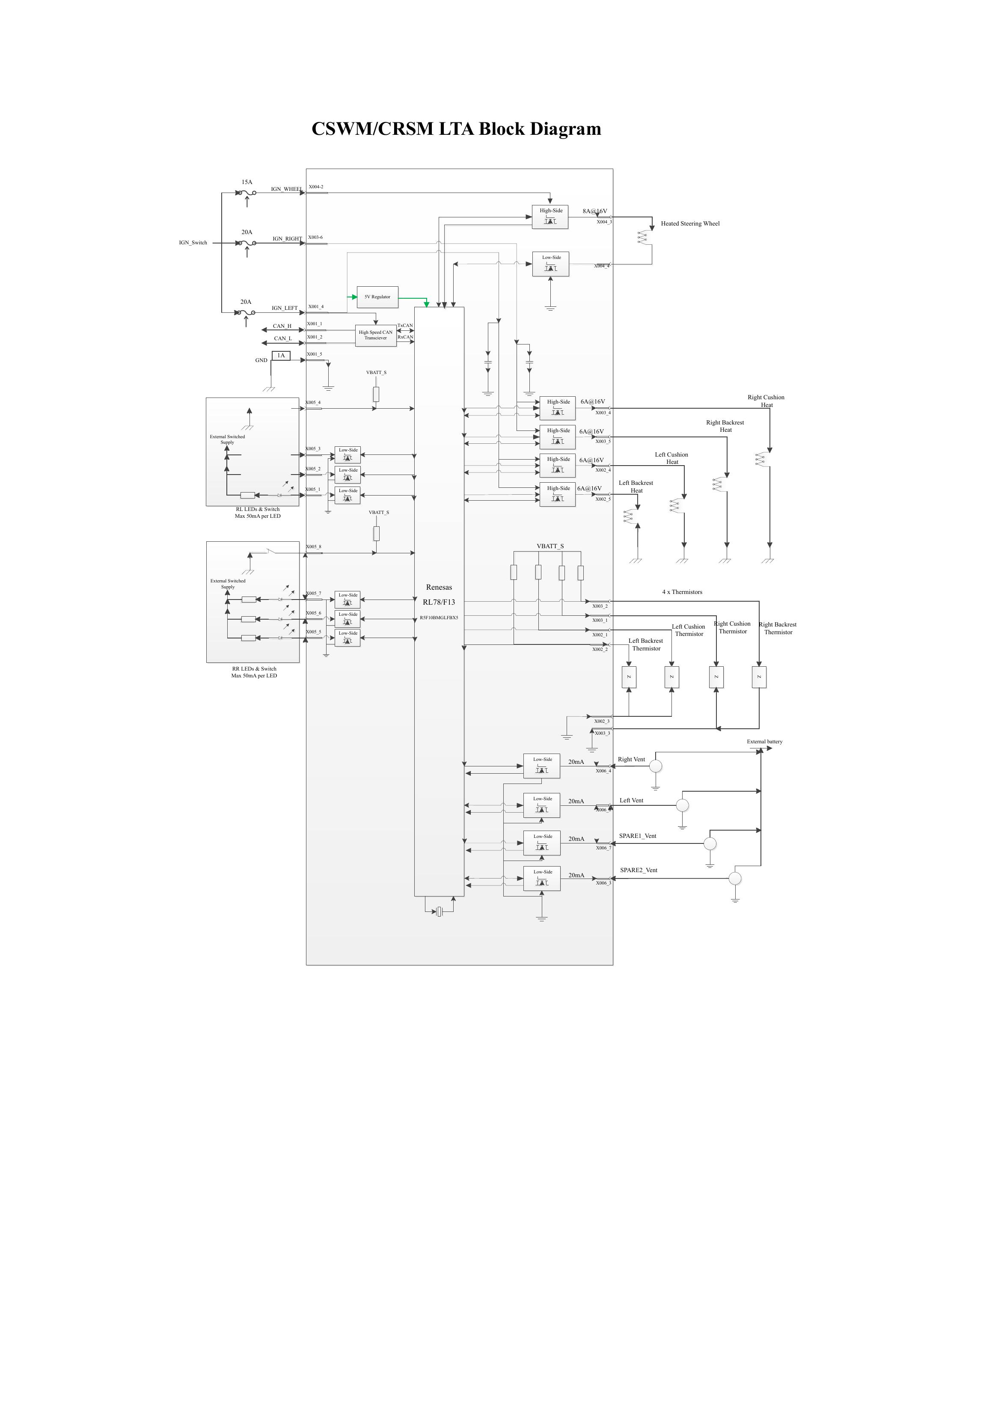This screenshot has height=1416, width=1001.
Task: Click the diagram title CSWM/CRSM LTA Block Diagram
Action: click(456, 129)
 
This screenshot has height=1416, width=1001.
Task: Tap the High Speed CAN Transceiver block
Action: click(376, 335)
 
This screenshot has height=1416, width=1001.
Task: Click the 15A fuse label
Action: click(247, 183)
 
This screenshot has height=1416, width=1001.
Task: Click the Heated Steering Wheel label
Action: click(690, 224)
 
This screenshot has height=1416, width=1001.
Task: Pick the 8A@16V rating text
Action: click(594, 211)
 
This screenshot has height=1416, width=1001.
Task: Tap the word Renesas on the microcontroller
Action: click(439, 587)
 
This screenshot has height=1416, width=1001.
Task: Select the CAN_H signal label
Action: click(282, 326)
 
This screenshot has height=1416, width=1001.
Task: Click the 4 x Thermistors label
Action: click(682, 592)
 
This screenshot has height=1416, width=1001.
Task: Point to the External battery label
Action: click(764, 742)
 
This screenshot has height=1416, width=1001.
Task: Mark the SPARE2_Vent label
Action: click(639, 870)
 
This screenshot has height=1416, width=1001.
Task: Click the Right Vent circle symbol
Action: click(656, 766)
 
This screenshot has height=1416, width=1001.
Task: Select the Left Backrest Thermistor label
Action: click(646, 644)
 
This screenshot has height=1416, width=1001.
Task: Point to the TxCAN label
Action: click(405, 326)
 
